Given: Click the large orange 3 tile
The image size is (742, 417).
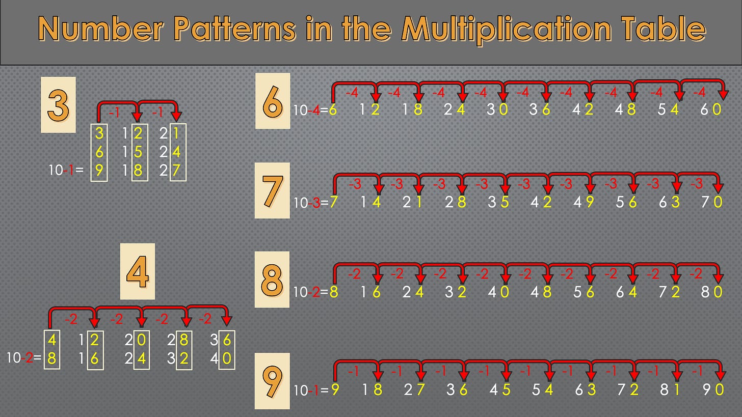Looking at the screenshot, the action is point(58,105).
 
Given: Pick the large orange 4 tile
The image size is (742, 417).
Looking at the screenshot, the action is point(137,271).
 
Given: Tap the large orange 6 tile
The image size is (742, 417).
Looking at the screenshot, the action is point(273,101).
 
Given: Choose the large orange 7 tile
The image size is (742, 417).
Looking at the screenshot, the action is point(272,190).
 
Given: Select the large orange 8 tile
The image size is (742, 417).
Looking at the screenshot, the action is point(272,279).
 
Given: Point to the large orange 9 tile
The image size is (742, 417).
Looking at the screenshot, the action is point(272,380).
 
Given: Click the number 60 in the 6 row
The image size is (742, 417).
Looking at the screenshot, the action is point(711,109).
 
